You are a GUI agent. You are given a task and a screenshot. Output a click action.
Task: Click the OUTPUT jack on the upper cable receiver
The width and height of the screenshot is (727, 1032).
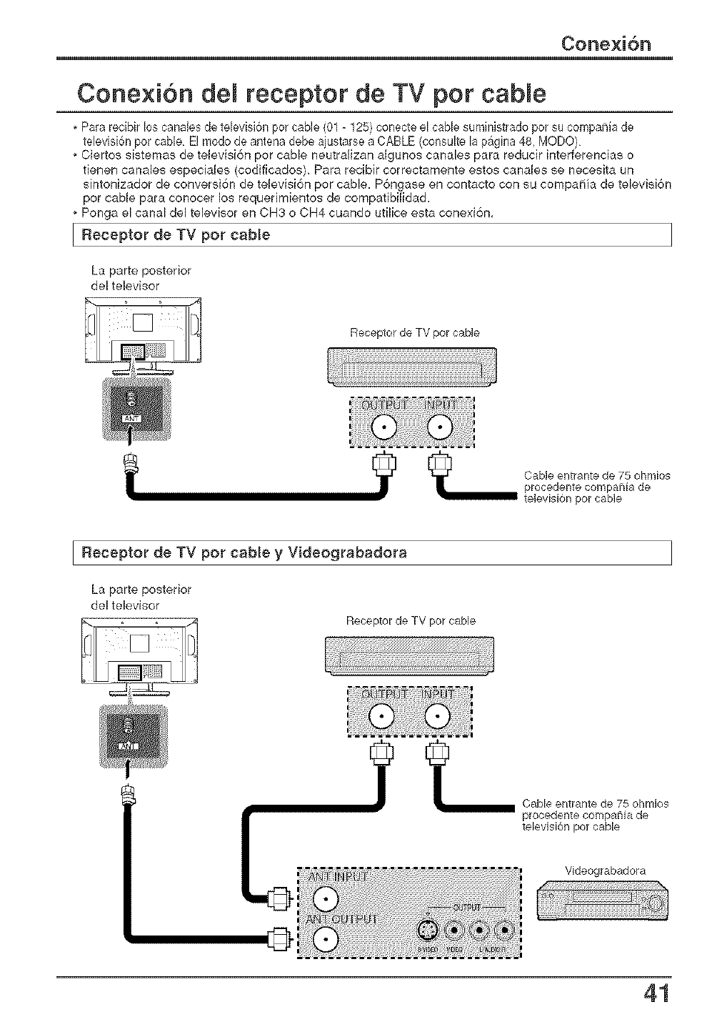click(x=383, y=429)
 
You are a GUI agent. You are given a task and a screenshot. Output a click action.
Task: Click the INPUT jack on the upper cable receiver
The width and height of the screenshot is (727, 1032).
click(x=441, y=429)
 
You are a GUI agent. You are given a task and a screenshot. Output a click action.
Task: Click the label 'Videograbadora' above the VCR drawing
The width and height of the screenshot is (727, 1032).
click(x=605, y=870)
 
